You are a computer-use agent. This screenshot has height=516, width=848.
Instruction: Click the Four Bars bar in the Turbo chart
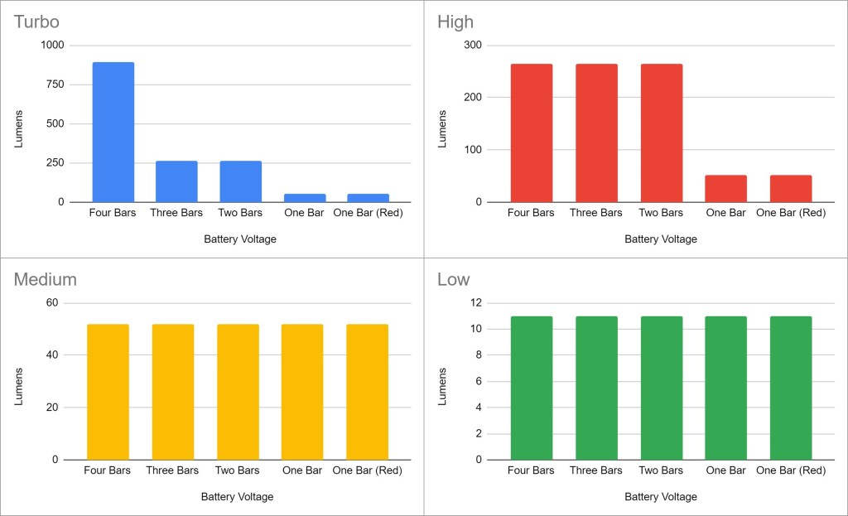point(113,133)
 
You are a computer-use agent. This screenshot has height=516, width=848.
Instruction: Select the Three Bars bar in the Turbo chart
point(176,181)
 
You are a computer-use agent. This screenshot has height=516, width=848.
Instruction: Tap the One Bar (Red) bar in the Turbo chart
point(368,198)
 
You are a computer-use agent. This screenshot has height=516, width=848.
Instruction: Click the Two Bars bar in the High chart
point(661,133)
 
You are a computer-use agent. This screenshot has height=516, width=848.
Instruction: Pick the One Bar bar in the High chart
point(725,189)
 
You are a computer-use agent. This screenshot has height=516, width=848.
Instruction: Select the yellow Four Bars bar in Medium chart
point(108,392)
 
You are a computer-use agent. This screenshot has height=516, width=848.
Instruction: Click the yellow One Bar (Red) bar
point(367,392)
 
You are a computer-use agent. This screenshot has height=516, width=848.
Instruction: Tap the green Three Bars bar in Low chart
point(596,388)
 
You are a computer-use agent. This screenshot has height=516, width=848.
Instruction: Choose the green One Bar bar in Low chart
point(725,388)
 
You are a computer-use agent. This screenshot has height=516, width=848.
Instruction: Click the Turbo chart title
point(36,22)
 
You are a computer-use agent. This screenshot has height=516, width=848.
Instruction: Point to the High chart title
point(455,22)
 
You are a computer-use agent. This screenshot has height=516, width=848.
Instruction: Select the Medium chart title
point(45,279)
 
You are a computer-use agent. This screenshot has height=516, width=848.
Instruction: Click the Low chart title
point(453,279)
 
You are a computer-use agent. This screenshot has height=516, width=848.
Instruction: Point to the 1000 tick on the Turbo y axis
point(53,46)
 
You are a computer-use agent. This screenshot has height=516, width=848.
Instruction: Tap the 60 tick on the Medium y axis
point(52,303)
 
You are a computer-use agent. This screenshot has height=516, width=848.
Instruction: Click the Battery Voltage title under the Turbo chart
point(240,239)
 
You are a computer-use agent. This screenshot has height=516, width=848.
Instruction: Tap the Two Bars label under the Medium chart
point(237,470)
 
